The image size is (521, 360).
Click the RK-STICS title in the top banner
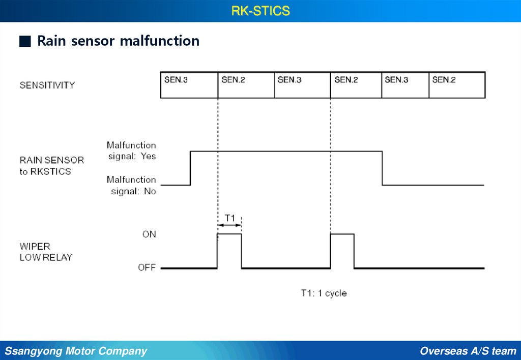260,11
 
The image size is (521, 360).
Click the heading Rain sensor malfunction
118,41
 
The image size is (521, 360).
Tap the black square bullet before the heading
25,41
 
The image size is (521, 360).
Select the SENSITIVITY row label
47,85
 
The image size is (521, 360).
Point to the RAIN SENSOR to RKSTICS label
51,166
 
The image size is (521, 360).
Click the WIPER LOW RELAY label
46,252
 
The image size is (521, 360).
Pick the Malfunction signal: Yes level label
132,151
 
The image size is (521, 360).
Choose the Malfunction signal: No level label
132,185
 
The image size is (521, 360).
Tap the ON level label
149,234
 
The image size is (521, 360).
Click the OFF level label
147,267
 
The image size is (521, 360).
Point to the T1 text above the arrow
230,218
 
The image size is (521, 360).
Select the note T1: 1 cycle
324,293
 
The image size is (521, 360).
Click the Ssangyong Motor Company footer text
76,351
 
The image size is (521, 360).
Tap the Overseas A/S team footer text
468,351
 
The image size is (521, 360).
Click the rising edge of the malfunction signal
190,168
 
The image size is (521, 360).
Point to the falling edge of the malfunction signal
382,168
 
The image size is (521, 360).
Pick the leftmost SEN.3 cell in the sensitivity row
189,84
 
